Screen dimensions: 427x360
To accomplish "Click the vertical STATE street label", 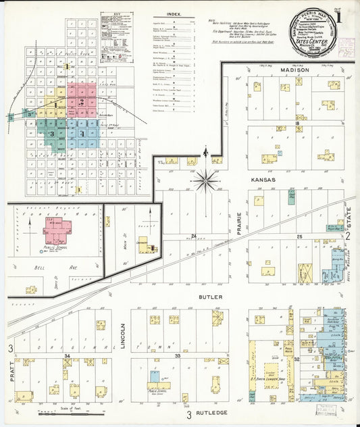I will pos(349,219).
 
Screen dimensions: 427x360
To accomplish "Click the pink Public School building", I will pos(57,232).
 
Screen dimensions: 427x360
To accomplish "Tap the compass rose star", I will pos(205,180).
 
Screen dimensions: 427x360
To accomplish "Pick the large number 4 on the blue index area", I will pos(82,134).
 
